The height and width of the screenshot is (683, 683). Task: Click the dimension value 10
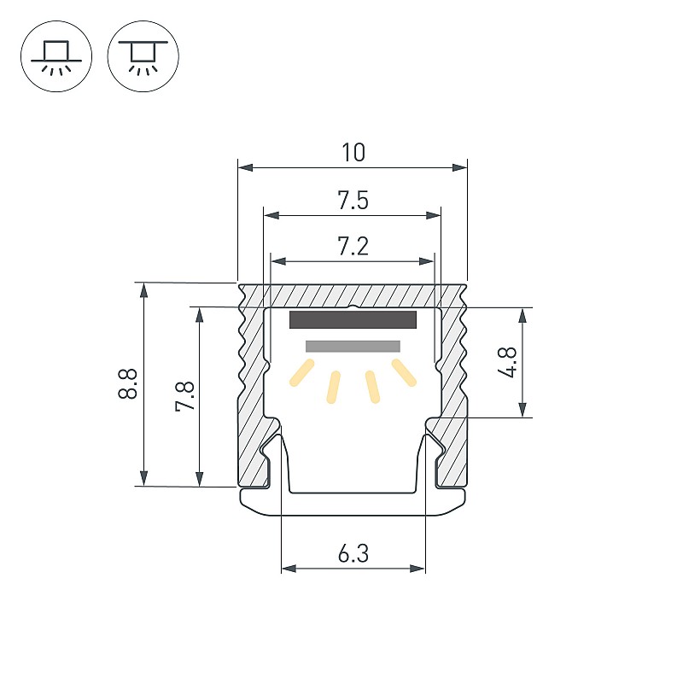(x=353, y=153)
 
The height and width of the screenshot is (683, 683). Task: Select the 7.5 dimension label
(x=353, y=201)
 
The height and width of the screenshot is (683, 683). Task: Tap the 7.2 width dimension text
(x=353, y=246)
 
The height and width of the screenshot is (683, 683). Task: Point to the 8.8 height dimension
(x=127, y=383)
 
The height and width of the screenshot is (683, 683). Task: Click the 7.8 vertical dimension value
(x=184, y=396)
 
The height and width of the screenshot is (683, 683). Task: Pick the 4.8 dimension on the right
(x=507, y=362)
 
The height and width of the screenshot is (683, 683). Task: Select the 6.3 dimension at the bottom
(x=353, y=553)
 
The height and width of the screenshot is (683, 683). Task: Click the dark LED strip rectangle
(x=353, y=319)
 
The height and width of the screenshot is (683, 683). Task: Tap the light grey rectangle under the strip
(x=353, y=347)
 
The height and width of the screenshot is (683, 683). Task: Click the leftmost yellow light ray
(x=302, y=372)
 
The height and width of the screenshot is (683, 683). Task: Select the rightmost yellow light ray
(x=404, y=372)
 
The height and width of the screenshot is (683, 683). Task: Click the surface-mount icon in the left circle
(x=56, y=56)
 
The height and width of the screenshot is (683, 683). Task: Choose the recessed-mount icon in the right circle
(x=143, y=56)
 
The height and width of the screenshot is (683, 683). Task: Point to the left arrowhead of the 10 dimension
(x=246, y=167)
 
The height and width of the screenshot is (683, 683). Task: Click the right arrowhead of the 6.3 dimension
(x=417, y=569)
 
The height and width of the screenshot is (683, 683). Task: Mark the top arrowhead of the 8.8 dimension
(x=143, y=290)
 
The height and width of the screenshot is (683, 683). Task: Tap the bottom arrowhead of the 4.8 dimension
(x=523, y=410)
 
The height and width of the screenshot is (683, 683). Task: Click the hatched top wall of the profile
(x=353, y=295)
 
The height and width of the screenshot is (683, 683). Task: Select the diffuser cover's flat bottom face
(x=353, y=515)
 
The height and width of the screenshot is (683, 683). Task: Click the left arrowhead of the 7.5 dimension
(x=271, y=215)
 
